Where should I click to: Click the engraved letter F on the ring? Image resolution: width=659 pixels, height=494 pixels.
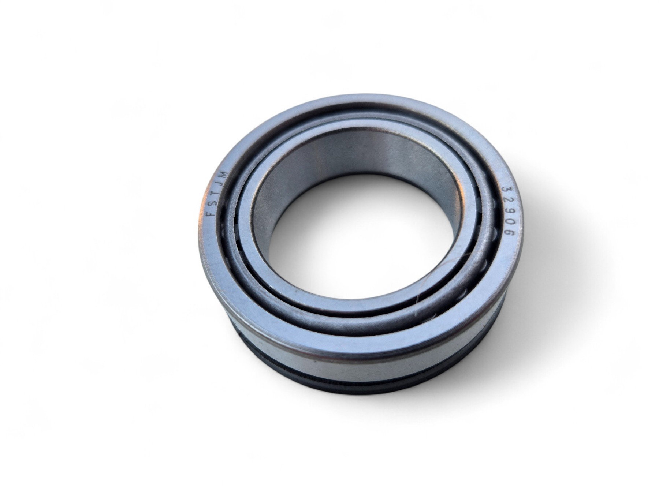[x=211, y=214]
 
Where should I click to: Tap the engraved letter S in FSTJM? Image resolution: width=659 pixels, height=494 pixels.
[x=213, y=203]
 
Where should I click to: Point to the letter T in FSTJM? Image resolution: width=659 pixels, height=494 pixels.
[x=216, y=192]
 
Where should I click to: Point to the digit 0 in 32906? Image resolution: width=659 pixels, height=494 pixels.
[x=511, y=224]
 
